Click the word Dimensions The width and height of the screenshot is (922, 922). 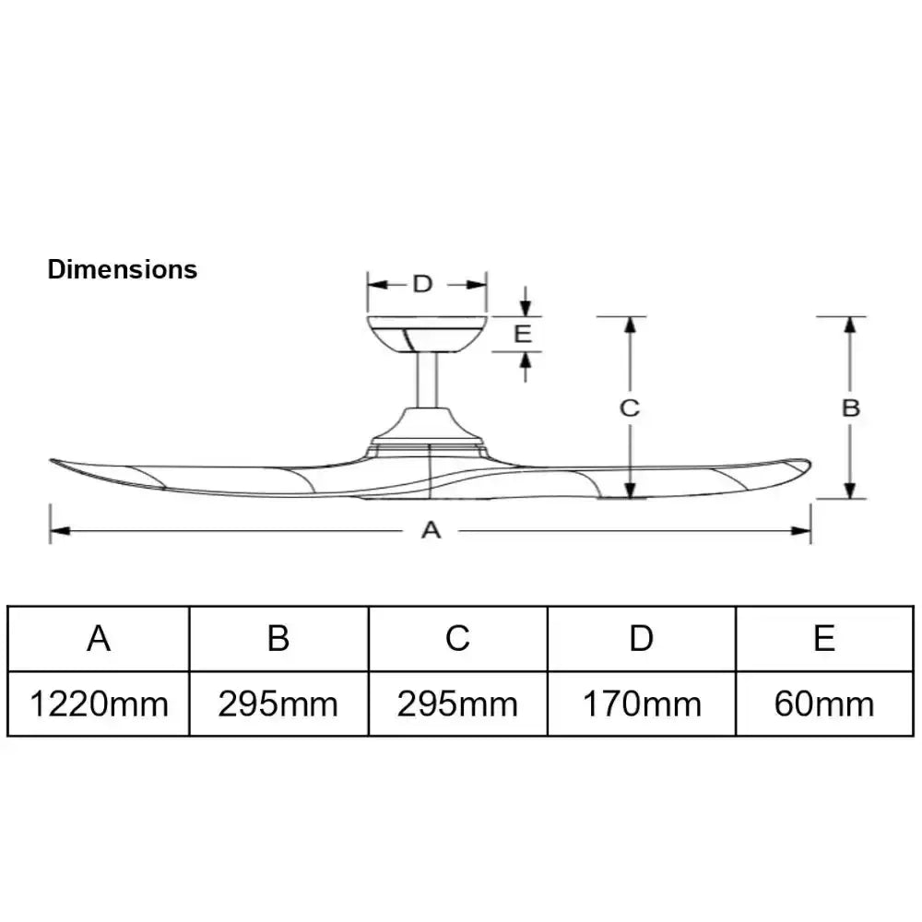pos(123,269)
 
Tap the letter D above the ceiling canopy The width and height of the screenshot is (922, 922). pos(422,283)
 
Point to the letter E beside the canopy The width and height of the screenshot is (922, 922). pos(523,333)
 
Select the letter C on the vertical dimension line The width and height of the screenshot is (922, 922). pos(629,408)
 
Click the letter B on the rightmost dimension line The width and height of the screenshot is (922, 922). pos(851,408)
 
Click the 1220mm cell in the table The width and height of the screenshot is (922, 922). pos(100,704)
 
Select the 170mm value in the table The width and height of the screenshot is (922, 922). pos(642,704)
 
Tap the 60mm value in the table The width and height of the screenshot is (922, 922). pos(824,704)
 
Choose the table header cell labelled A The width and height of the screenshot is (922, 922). pos(100,638)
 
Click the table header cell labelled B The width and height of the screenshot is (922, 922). pos(278,638)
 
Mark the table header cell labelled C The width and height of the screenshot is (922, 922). pos(458,638)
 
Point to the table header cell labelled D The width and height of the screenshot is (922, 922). pos(642,638)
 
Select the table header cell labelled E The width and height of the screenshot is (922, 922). pos(824,638)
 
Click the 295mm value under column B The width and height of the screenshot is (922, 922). pos(278,704)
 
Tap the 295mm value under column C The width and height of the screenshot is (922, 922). pos(458,704)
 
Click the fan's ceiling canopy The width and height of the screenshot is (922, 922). pos(426,333)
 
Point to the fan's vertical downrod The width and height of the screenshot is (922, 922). pos(427,380)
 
